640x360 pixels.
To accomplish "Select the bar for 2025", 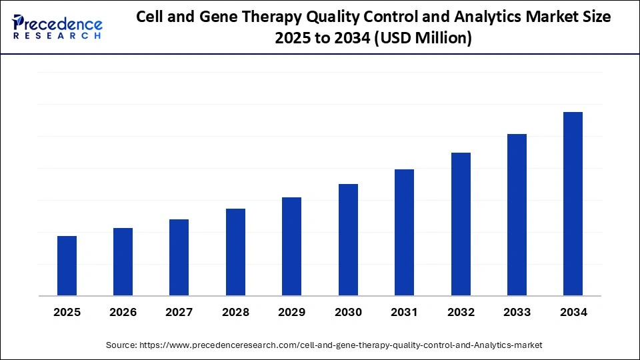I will [x=67, y=265].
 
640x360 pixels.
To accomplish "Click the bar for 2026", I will [x=123, y=261].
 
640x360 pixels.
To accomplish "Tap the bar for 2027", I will [x=179, y=257].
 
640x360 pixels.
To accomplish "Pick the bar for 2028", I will [x=235, y=252].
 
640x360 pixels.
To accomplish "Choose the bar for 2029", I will [x=291, y=246].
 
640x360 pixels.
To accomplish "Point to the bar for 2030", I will [x=348, y=239].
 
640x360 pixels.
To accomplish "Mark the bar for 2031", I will [x=404, y=232].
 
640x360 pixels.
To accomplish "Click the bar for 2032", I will [x=461, y=224].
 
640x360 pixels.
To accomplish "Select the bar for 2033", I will [x=517, y=215].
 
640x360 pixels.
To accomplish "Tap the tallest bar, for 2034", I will [x=573, y=203].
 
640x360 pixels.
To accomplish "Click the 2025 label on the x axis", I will [x=67, y=312].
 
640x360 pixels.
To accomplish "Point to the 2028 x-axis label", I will [x=235, y=312].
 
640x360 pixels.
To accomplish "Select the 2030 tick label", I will [x=348, y=312].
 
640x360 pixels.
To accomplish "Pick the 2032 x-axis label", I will [x=461, y=312].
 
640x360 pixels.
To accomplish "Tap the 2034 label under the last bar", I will [x=573, y=312].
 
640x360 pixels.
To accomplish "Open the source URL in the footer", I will [x=340, y=345].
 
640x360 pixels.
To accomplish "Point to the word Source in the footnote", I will [x=121, y=345].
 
